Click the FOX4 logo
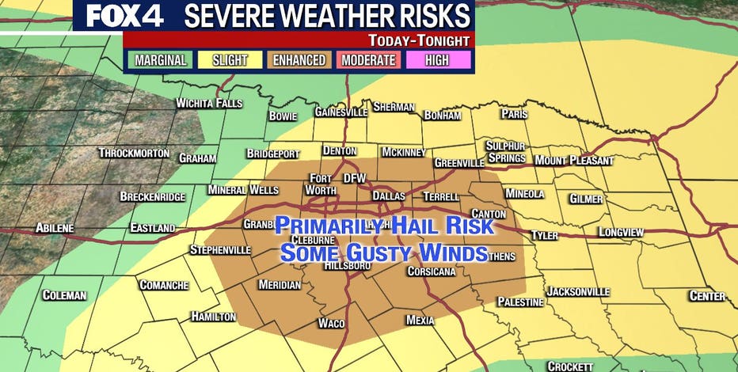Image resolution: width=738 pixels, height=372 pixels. coord(120,16)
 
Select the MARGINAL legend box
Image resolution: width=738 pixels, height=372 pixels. coord(159,60)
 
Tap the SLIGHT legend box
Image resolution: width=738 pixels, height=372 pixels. coord(229,60)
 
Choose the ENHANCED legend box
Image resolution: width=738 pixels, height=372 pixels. coord(299,60)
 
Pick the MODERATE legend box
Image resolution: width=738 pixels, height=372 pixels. coord(368,60)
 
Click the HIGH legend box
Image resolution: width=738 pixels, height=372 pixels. coord(438,60)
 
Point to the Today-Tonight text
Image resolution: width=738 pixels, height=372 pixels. coord(419,40)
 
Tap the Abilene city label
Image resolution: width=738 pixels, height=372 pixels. coord(55,228)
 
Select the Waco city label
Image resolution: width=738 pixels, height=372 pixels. coord(331,323)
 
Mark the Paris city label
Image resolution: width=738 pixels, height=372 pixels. coord(514,114)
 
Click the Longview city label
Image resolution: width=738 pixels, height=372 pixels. coord(621,232)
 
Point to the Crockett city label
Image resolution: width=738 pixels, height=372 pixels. coord(570,366)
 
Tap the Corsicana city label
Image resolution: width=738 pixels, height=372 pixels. coord(431,271)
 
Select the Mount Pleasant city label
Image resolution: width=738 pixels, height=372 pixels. coord(574,161)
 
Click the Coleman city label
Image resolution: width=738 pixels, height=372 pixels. coord(64,295)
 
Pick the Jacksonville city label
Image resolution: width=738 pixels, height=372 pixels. coord(578,291)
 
